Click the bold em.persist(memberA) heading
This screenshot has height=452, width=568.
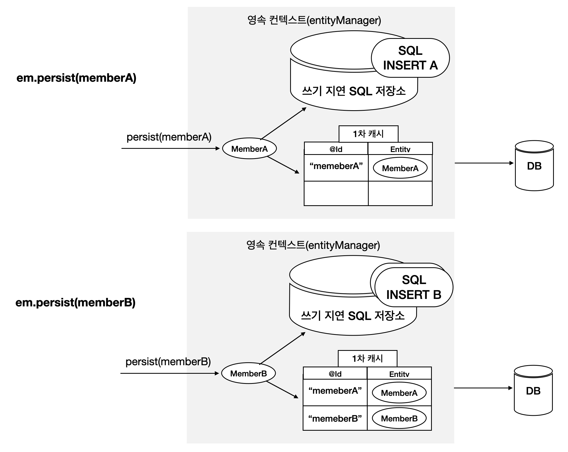(x=76, y=78)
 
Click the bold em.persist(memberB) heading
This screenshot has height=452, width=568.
(x=75, y=303)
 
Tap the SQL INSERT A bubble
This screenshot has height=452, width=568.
(x=410, y=58)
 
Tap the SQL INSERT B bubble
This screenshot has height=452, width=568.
(x=414, y=287)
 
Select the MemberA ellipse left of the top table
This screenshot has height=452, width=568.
(x=249, y=149)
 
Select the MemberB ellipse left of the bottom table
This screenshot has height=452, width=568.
(x=248, y=373)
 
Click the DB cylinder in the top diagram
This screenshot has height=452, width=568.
(x=534, y=166)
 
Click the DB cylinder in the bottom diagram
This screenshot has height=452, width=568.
(x=533, y=391)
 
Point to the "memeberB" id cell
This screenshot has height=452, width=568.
(x=335, y=418)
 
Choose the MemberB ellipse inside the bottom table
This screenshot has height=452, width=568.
(x=399, y=418)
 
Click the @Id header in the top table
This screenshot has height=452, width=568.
(x=336, y=149)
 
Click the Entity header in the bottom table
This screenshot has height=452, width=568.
(x=399, y=374)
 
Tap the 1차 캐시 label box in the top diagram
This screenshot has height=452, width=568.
(x=368, y=134)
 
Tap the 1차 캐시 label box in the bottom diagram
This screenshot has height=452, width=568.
(x=367, y=359)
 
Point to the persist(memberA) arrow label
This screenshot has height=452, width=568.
(x=169, y=137)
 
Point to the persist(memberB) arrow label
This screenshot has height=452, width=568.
(x=168, y=362)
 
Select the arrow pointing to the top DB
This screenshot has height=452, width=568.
(x=484, y=163)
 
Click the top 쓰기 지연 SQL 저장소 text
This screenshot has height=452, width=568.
(x=354, y=91)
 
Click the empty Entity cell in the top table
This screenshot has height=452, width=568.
(x=400, y=194)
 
